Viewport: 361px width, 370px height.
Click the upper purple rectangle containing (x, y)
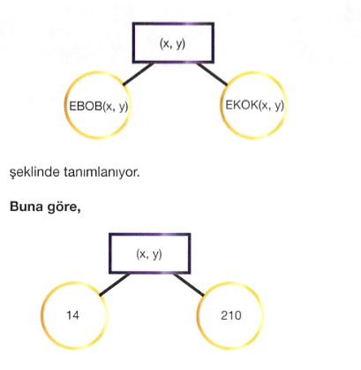click(x=173, y=24)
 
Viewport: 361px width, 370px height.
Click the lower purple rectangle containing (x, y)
click(x=150, y=235)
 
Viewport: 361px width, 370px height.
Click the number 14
click(x=72, y=315)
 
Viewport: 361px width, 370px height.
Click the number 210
click(x=231, y=315)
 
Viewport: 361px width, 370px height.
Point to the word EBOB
click(x=86, y=106)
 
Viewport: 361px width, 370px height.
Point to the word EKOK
click(x=242, y=105)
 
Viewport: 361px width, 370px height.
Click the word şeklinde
click(x=34, y=172)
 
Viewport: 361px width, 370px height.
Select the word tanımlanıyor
click(x=102, y=172)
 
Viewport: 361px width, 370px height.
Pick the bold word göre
click(x=62, y=208)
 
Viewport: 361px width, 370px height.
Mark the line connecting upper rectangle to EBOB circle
click(x=138, y=74)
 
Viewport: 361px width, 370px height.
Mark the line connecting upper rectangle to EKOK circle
click(x=212, y=74)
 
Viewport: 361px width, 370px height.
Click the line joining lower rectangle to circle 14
click(x=115, y=284)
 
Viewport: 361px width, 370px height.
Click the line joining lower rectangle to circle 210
click(x=188, y=284)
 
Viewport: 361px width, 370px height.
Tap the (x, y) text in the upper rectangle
click(x=172, y=44)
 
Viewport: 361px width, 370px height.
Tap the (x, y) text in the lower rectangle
click(x=149, y=254)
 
